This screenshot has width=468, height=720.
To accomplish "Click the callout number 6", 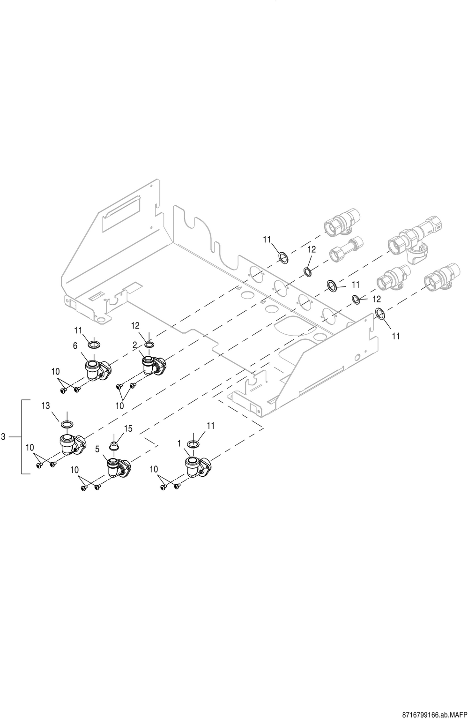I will [75, 346].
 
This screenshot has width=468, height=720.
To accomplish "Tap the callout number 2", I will [135, 345].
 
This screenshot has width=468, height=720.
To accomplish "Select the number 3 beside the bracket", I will [3, 437].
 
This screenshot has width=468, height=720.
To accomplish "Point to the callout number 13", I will [45, 406].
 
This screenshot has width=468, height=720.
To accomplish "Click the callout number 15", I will [128, 428].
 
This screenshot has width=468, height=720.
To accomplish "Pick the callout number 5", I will [97, 449].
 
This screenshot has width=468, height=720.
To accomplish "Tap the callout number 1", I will [179, 443].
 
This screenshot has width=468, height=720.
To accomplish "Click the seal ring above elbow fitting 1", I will [193, 444].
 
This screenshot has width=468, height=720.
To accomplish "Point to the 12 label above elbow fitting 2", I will [135, 325].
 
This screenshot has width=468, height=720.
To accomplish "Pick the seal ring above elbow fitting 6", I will [93, 345].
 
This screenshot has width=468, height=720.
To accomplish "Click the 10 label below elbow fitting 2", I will [120, 406].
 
